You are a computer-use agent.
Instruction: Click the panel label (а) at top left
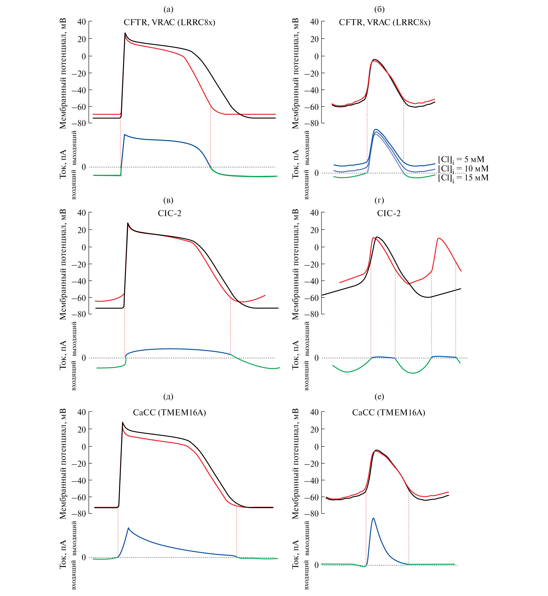(168, 10)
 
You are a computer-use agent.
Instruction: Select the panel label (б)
(379, 10)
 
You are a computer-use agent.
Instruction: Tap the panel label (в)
(168, 201)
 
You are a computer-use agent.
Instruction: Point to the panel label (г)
(379, 201)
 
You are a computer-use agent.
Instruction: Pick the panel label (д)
(168, 396)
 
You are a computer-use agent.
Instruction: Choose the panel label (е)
(379, 396)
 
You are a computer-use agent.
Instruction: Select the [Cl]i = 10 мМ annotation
(463, 169)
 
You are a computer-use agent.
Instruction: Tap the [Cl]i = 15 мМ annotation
(463, 178)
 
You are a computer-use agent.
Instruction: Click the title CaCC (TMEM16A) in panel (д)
(169, 413)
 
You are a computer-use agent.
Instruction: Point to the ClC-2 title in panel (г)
(388, 213)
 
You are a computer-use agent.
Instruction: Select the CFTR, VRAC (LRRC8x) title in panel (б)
(385, 23)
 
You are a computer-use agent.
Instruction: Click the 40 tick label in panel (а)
(82, 22)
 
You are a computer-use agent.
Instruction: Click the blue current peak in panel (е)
(373, 518)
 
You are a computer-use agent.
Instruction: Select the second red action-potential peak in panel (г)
(439, 238)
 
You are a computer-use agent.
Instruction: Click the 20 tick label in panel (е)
(314, 430)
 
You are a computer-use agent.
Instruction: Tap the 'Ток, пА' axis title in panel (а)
(63, 164)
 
